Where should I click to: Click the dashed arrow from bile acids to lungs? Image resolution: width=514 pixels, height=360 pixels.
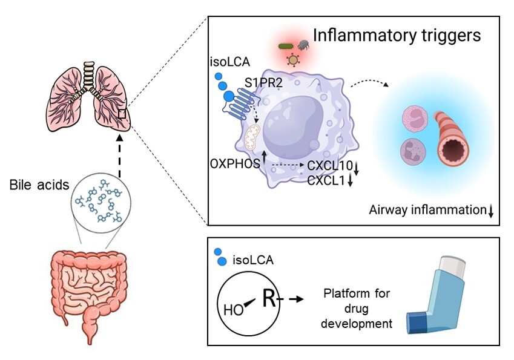pos(120,156)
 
